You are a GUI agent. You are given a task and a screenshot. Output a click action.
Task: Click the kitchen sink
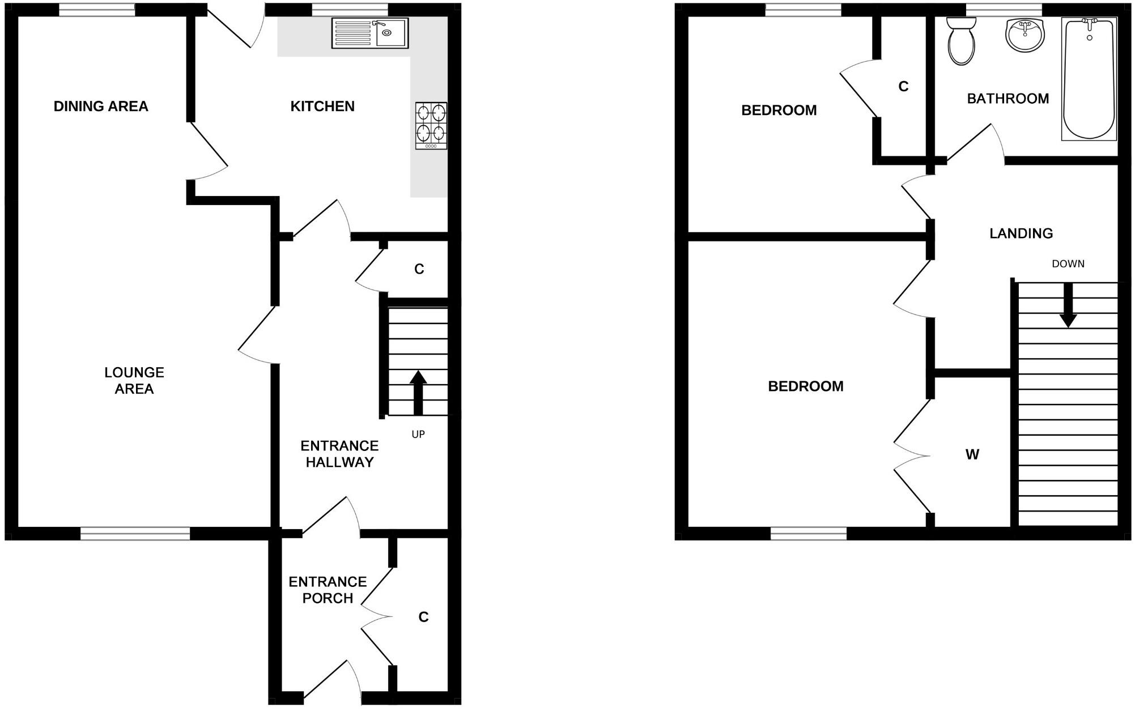[x=369, y=33]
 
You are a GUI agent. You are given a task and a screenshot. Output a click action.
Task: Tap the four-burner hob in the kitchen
[x=431, y=125]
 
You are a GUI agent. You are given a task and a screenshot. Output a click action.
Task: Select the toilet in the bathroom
[x=961, y=40]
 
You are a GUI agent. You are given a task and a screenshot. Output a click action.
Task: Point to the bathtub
[x=1089, y=78]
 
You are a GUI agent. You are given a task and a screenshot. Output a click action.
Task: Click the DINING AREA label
[x=101, y=107]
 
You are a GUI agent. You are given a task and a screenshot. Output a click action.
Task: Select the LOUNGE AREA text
[x=134, y=380]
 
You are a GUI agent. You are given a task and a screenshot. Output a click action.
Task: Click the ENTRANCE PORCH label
[x=328, y=590]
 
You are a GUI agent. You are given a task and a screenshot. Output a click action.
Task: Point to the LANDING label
[x=1021, y=233]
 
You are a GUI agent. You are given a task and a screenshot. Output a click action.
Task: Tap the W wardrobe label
[x=972, y=454]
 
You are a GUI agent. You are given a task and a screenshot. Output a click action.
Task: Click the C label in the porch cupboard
[x=423, y=617]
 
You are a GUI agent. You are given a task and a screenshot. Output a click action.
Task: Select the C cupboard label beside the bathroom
[x=903, y=86]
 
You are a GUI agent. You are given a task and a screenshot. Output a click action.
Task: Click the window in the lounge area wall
[x=135, y=533]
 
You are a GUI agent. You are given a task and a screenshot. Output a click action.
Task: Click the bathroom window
[x=1004, y=10]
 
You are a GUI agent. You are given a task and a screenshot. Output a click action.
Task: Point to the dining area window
[x=97, y=10]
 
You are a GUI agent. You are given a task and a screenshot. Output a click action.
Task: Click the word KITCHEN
[x=322, y=107]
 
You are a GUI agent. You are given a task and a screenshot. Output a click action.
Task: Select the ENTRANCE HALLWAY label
[x=339, y=454]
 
